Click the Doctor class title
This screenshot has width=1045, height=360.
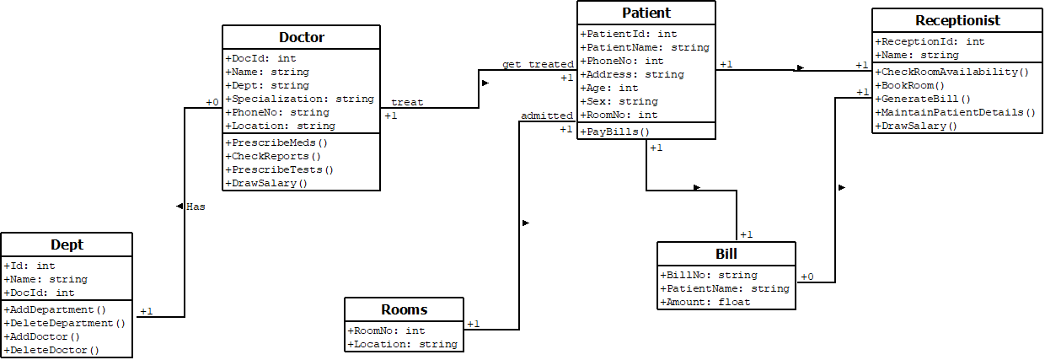301,37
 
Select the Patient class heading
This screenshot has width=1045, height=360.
646,13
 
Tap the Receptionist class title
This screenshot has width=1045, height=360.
957,20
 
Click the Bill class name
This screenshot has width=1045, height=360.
726,255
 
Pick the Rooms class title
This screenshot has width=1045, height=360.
404,309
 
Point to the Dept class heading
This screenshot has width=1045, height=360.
67,245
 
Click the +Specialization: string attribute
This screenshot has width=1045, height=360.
299,99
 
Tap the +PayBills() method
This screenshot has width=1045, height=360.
614,132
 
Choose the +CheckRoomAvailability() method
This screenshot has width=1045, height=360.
952,73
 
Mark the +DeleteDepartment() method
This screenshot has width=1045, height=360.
64,323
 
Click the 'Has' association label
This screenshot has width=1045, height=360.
195,206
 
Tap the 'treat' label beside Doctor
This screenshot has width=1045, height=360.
407,102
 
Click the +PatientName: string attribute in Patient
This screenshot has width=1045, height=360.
644,48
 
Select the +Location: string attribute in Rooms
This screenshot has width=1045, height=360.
402,344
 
